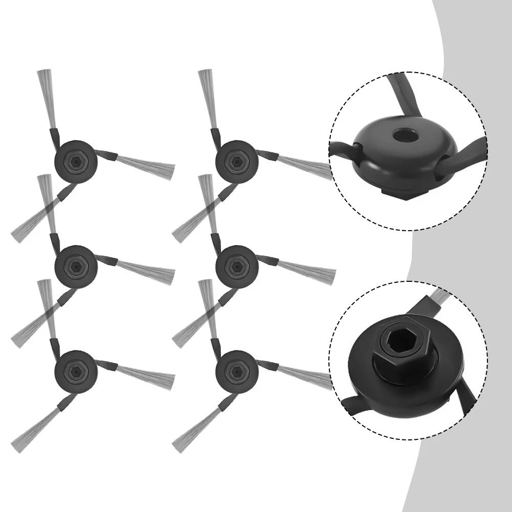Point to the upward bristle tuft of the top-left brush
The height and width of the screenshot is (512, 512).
[46, 97]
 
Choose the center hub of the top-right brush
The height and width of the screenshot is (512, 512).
[236, 161]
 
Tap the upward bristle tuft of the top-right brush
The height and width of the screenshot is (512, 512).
[207, 97]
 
